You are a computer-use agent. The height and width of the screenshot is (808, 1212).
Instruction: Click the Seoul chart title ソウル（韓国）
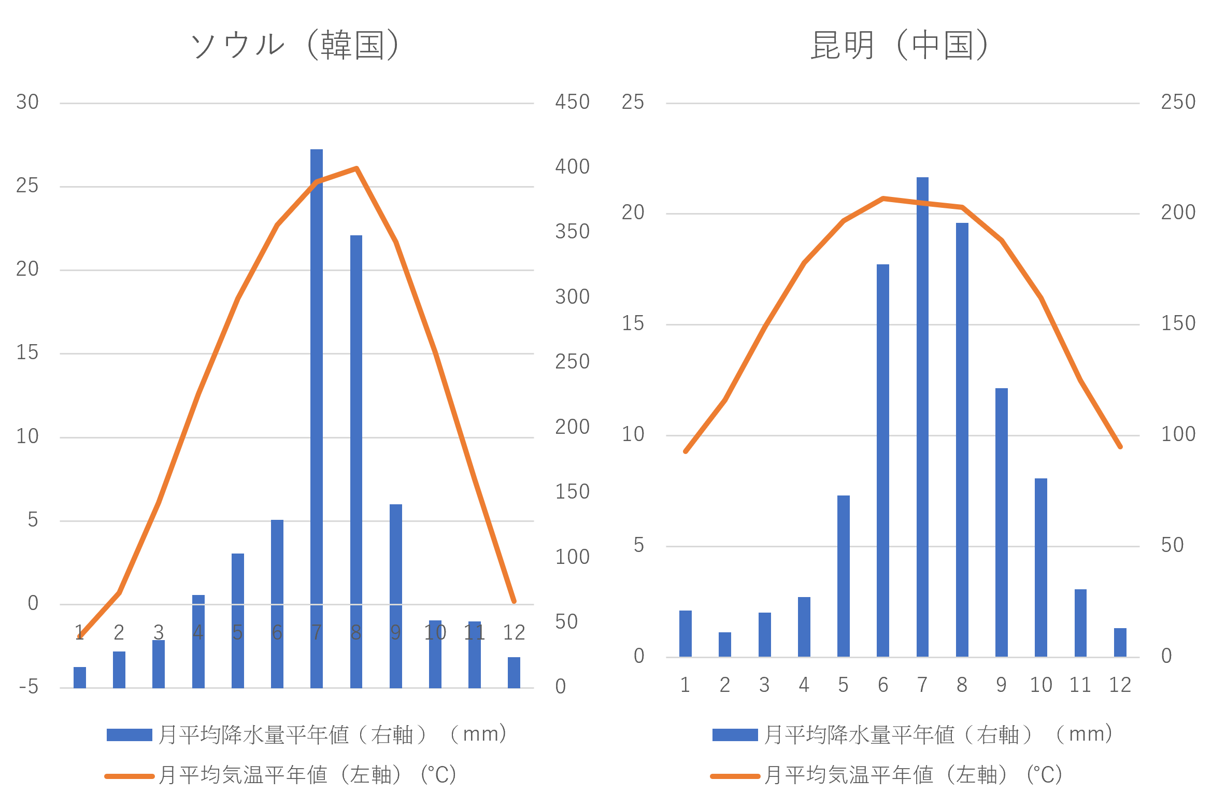[x=295, y=45]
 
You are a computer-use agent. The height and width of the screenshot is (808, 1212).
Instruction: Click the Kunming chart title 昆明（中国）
[x=901, y=45]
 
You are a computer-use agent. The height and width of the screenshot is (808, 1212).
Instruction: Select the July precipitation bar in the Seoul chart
[x=317, y=415]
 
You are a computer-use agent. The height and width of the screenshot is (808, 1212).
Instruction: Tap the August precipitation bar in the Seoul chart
[x=356, y=461]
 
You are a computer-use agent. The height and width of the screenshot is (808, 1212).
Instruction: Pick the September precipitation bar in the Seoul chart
[x=396, y=596]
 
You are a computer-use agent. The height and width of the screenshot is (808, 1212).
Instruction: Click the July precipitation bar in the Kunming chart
[x=922, y=415]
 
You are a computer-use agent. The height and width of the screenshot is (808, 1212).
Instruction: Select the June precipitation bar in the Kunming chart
[x=883, y=461]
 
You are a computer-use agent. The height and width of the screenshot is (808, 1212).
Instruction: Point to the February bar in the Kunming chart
[x=725, y=645]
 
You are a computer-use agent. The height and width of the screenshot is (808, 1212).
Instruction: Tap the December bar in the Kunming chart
[x=1120, y=643]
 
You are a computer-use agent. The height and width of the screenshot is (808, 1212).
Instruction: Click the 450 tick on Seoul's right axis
[x=572, y=102]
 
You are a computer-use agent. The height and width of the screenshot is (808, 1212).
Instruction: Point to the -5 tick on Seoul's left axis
[x=29, y=687]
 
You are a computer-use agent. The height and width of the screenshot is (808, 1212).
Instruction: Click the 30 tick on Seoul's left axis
[x=27, y=102]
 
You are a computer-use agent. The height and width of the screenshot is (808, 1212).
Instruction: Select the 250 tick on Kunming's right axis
[x=1178, y=102]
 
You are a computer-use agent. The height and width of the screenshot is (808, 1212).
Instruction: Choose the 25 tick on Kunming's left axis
[x=633, y=102]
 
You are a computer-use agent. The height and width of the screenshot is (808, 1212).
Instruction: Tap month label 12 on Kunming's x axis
[x=1120, y=685]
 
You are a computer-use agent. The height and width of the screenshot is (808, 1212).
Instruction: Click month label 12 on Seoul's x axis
[x=514, y=632]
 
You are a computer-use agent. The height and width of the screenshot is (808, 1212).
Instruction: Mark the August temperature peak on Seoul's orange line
[x=356, y=168]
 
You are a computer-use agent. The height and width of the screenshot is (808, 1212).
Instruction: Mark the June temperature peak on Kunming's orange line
[x=883, y=198]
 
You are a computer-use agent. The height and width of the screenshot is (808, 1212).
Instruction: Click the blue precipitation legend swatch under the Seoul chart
[x=129, y=735]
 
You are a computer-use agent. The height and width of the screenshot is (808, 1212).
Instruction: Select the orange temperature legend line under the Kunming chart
[x=735, y=776]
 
